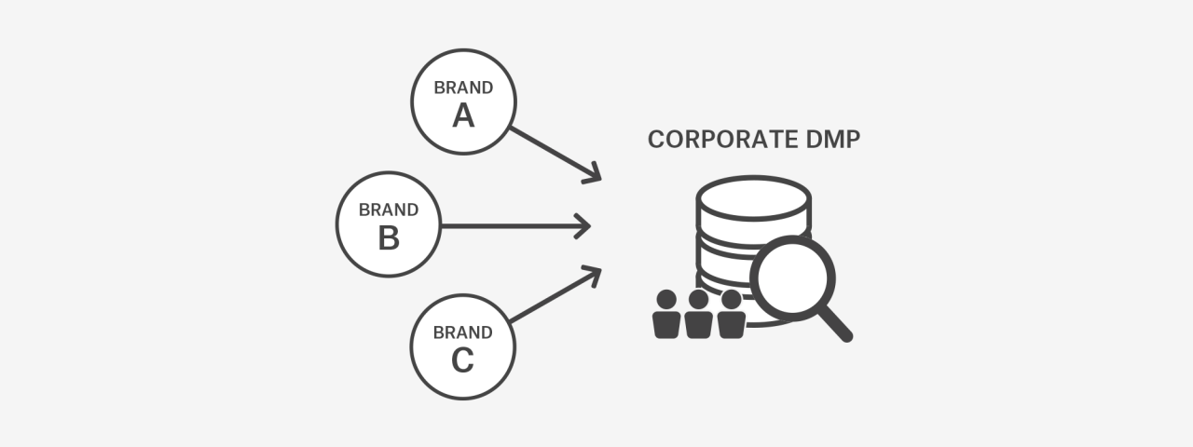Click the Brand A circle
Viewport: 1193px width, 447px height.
pyautogui.click(x=463, y=101)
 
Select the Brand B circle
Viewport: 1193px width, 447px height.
pyautogui.click(x=389, y=224)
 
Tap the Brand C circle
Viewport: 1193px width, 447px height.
pyautogui.click(x=463, y=346)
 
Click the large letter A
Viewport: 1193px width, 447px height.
pyautogui.click(x=463, y=115)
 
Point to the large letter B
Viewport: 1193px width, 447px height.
pyautogui.click(x=389, y=238)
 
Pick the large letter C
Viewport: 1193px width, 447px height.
pyautogui.click(x=463, y=360)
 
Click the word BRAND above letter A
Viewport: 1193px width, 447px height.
pyautogui.click(x=463, y=88)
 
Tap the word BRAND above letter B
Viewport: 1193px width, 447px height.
pyautogui.click(x=389, y=210)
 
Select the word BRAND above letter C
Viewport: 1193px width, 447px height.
pyautogui.click(x=463, y=332)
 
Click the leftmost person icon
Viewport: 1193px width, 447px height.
pyautogui.click(x=666, y=316)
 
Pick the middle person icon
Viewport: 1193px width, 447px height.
pyautogui.click(x=698, y=316)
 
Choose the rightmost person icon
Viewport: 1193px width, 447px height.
pyautogui.click(x=731, y=316)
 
